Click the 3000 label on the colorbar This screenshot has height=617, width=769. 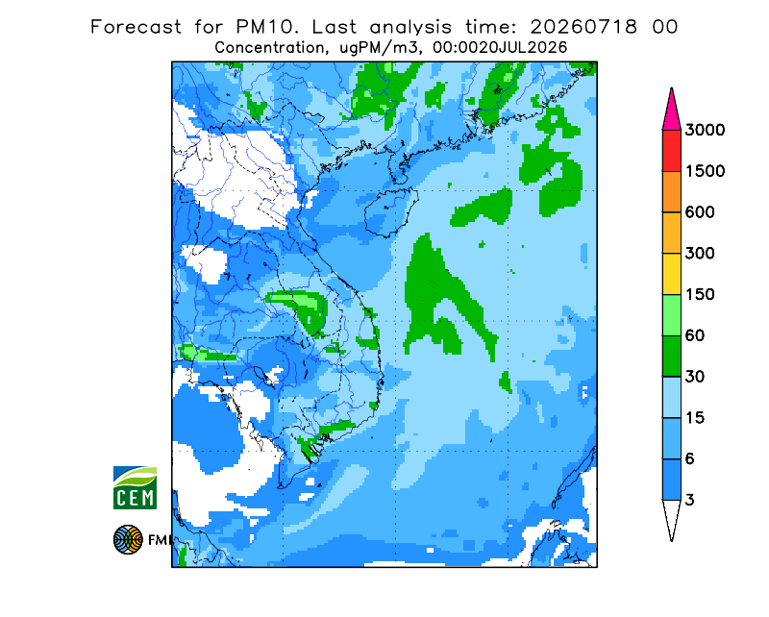(705, 130)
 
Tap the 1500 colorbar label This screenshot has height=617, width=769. (705, 171)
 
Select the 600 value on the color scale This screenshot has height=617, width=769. (700, 212)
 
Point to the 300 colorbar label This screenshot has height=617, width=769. (700, 254)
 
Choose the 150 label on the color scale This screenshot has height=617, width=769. (700, 295)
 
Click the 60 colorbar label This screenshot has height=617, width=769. (695, 336)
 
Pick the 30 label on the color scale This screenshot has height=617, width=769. (695, 377)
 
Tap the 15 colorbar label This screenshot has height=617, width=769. (695, 418)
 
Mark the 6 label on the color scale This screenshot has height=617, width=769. (690, 459)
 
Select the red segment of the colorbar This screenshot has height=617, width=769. (671, 151)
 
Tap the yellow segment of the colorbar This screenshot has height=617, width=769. (671, 274)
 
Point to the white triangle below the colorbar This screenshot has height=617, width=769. (671, 515)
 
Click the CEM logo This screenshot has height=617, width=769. (135, 487)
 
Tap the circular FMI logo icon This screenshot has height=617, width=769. (128, 539)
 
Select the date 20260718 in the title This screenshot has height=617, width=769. (583, 27)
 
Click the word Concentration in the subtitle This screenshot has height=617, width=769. (269, 48)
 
